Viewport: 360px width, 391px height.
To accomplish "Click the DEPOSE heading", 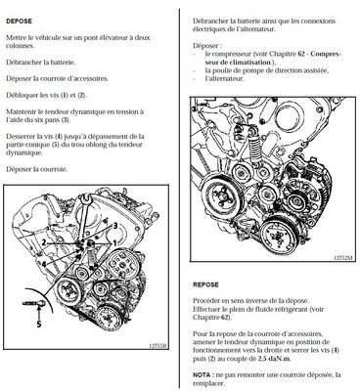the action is tap(19, 22).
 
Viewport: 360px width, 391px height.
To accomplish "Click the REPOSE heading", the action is tap(205, 284).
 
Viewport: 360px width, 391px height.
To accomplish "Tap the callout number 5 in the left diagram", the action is tap(39, 324).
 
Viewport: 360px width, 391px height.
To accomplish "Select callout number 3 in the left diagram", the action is tap(115, 225).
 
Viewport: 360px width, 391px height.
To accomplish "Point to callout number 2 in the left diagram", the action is tap(44, 242).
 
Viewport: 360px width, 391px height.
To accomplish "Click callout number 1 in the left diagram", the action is tap(114, 243).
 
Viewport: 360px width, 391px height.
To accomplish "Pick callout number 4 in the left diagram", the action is tap(44, 263).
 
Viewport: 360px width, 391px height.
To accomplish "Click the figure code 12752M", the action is tap(343, 257).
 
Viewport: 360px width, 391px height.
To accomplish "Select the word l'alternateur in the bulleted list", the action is tap(224, 78).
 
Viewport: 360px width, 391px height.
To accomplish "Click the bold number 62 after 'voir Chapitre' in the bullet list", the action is tap(301, 54).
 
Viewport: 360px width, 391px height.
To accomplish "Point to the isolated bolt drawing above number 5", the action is tap(32, 303).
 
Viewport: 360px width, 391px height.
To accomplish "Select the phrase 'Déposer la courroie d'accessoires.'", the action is tap(58, 78).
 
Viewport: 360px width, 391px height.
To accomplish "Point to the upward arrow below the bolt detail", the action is tap(39, 313).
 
